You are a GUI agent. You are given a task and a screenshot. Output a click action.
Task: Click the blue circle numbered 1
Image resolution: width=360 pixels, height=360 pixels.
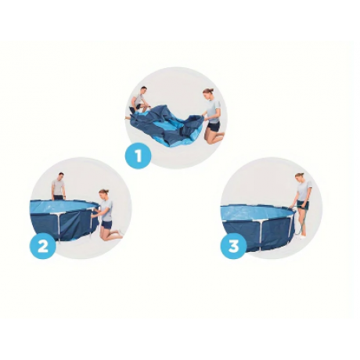point(139,156)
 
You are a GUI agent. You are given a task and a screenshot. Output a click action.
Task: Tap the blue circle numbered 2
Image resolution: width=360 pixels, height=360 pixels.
point(43,246)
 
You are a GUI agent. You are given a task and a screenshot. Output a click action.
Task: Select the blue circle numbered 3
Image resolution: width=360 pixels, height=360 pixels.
point(234,246)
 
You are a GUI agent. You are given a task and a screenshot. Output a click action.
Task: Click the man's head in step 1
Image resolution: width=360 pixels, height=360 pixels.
point(143,90)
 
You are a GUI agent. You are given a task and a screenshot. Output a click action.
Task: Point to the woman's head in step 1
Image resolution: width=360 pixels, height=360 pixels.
point(207,92)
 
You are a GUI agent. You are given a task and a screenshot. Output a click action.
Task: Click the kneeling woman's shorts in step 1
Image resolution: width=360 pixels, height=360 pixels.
point(214,126)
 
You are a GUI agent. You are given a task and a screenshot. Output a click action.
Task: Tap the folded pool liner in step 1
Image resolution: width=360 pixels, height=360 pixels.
point(167,125)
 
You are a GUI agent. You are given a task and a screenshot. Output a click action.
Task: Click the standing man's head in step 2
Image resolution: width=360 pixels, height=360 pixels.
point(61,176)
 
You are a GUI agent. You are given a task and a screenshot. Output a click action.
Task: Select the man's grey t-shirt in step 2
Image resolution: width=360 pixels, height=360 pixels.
point(58,187)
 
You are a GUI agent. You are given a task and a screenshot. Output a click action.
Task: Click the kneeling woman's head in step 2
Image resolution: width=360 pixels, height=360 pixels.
point(103,194)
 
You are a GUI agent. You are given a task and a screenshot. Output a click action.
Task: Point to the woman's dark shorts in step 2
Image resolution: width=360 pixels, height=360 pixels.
point(106,225)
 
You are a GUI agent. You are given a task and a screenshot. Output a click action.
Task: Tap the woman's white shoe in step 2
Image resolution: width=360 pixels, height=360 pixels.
point(121,232)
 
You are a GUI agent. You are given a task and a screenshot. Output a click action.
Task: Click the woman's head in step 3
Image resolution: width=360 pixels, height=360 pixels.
point(300,177)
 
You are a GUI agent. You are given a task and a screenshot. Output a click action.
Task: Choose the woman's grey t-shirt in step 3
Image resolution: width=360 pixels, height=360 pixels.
point(304,190)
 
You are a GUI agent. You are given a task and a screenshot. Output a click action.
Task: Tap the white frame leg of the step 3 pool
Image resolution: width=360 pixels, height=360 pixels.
point(261,235)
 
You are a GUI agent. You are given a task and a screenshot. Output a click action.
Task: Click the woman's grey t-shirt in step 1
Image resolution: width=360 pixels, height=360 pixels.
point(214,111)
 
